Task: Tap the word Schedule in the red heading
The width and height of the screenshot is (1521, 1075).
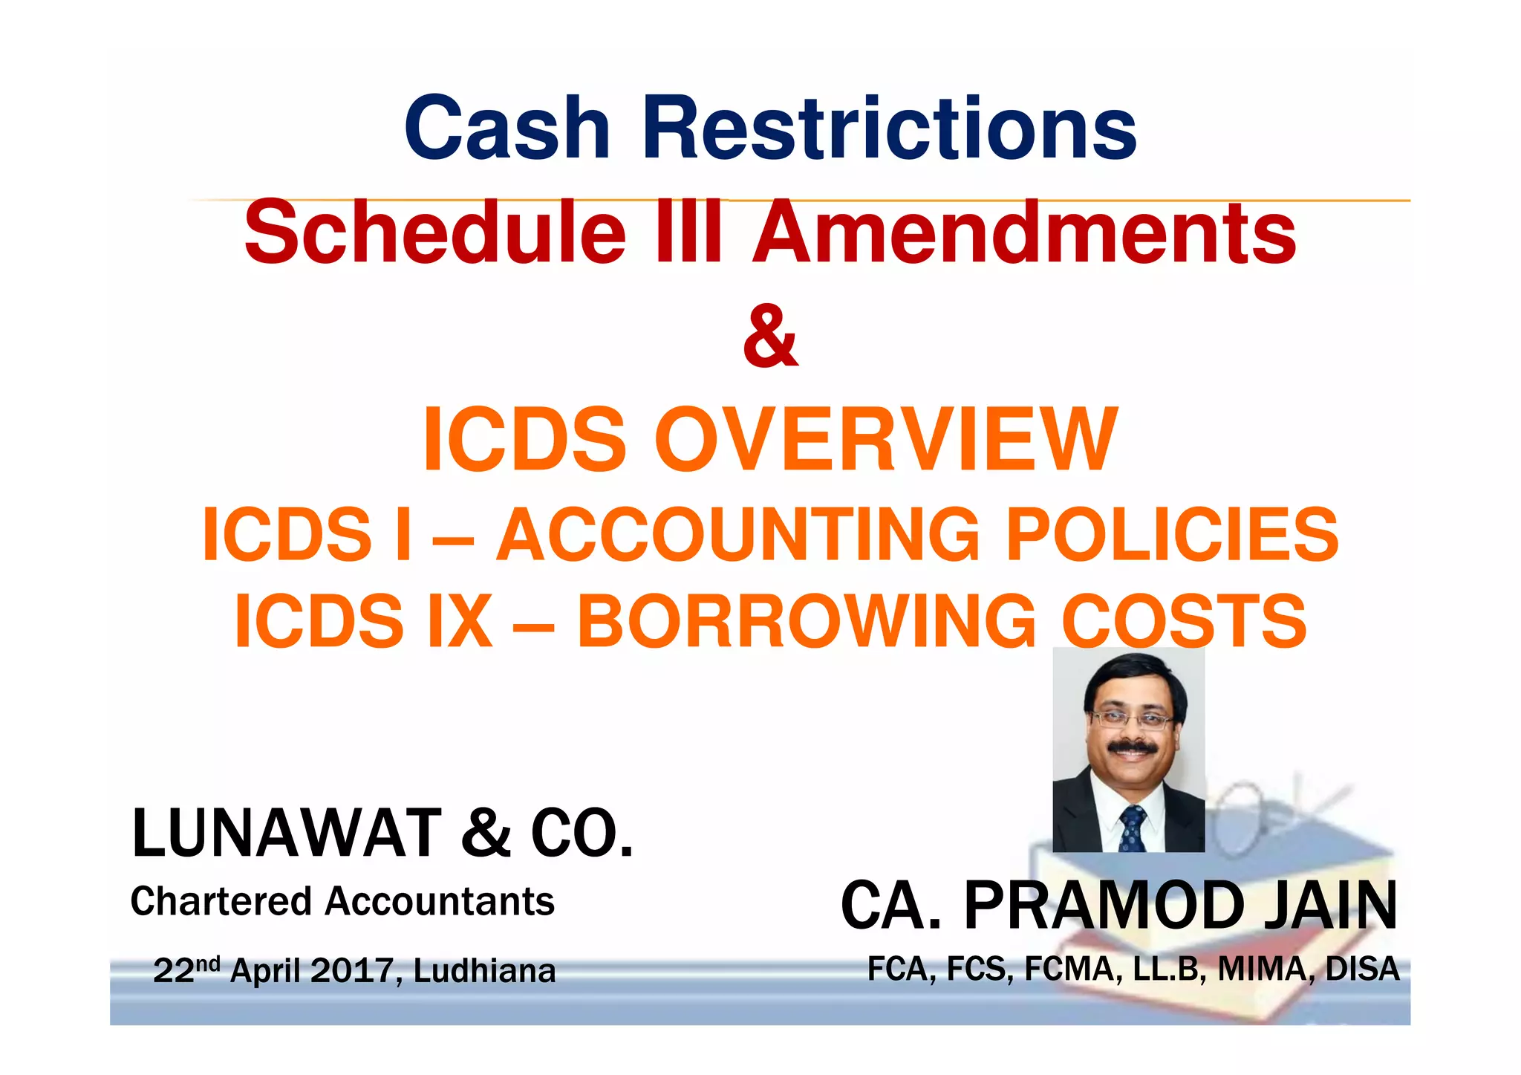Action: pyautogui.click(x=435, y=233)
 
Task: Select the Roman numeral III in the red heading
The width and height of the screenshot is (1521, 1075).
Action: pyautogui.click(x=689, y=233)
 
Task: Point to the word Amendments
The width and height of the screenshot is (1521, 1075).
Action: pyautogui.click(x=1024, y=233)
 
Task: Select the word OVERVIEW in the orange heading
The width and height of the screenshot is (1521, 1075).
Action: pyautogui.click(x=885, y=440)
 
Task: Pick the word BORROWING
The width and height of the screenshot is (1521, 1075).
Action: pyautogui.click(x=807, y=621)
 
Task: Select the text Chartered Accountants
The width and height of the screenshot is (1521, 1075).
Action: pyautogui.click(x=342, y=901)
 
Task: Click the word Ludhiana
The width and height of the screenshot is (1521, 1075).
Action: pyautogui.click(x=484, y=971)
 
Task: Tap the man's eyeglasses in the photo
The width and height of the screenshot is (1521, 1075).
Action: pyautogui.click(x=1131, y=719)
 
